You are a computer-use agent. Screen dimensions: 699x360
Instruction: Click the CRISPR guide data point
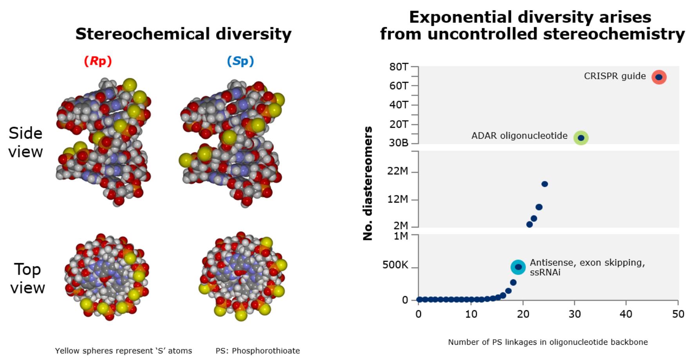point(659,77)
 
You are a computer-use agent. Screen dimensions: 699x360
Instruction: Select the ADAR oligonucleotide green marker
point(581,138)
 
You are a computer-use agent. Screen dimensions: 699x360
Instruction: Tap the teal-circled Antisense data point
point(518,267)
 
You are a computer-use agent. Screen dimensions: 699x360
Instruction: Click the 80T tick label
point(399,67)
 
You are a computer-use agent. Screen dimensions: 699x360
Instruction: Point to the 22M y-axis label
point(397,171)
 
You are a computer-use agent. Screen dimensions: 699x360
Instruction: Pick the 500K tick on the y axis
point(395,265)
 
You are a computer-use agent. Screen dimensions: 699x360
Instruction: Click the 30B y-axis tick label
point(398,143)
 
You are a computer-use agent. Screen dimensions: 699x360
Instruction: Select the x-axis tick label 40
point(626,314)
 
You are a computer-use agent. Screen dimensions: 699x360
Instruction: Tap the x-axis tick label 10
point(471,314)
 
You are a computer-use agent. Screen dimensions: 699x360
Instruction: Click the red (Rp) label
point(98,61)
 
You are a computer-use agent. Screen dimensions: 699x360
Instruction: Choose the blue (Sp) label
point(240,61)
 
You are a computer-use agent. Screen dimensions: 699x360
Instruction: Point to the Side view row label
point(25,143)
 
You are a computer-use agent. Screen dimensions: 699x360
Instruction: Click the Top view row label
point(27,279)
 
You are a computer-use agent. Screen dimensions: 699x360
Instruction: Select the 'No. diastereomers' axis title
point(368,183)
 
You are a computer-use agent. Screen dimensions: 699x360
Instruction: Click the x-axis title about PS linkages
point(548,342)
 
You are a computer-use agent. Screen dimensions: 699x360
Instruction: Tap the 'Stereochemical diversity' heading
point(183,34)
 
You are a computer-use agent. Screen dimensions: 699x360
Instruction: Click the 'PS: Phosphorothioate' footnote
point(258,351)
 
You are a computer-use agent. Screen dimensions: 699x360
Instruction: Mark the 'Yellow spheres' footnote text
point(123,351)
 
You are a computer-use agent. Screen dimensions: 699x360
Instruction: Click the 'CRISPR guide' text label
point(615,76)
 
